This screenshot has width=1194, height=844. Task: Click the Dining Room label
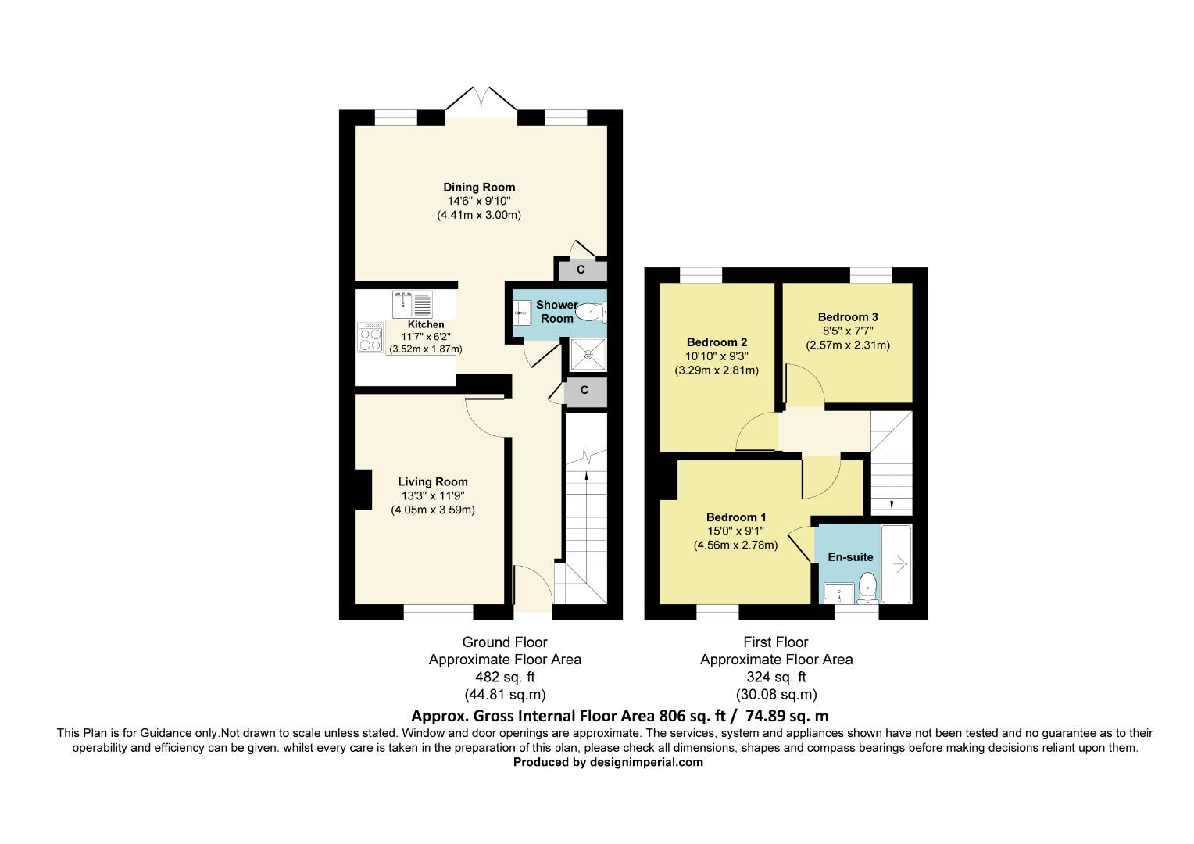click(479, 187)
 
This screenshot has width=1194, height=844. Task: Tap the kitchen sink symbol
click(413, 302)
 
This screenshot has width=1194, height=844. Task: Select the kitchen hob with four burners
click(370, 336)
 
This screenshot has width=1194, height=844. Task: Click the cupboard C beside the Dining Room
click(581, 270)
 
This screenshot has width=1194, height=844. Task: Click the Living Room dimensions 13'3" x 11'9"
click(433, 496)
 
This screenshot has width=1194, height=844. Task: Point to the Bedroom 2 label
click(717, 342)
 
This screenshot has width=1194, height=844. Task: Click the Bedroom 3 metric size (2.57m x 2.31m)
click(848, 345)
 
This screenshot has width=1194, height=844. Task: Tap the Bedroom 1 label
click(735, 517)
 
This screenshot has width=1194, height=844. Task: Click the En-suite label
click(850, 557)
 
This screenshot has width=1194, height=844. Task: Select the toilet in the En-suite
click(867, 587)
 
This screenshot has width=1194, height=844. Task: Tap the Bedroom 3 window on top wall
click(870, 274)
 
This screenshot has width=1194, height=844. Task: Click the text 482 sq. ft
click(505, 677)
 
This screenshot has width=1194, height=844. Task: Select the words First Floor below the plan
click(775, 642)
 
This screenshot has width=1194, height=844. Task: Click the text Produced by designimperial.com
click(608, 763)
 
